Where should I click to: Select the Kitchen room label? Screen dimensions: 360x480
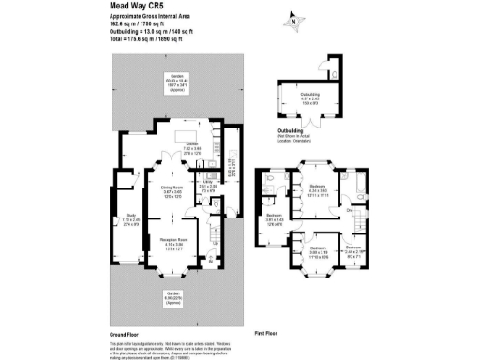pyautogui.click(x=193, y=146)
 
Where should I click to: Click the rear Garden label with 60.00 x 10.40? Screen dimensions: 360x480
pyautogui.click(x=173, y=83)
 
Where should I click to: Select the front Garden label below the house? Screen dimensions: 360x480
pyautogui.click(x=173, y=297)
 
